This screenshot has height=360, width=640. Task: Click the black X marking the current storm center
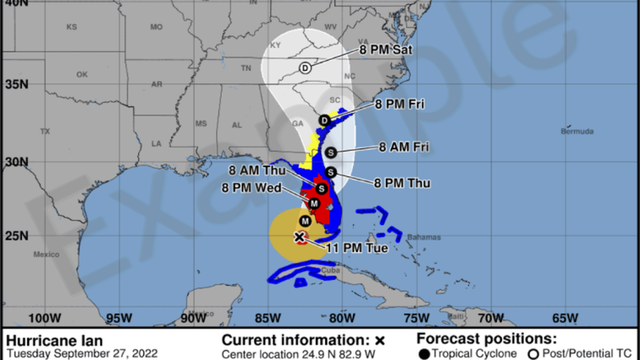[x=299, y=237]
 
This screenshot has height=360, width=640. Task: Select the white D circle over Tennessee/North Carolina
[x=305, y=68]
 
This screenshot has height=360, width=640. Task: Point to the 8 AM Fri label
[x=404, y=147]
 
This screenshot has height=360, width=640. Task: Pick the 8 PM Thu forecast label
[x=402, y=183]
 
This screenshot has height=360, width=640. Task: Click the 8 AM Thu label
[x=257, y=171]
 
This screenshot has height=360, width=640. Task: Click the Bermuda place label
[x=577, y=131]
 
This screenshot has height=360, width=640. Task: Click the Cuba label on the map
[x=330, y=271]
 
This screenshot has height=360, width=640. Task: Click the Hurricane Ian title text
[x=54, y=340]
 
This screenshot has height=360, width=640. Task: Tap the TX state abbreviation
[x=45, y=131]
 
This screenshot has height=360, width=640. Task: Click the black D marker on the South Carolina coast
[x=324, y=120]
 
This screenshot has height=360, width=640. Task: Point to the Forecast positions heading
[x=486, y=339]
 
